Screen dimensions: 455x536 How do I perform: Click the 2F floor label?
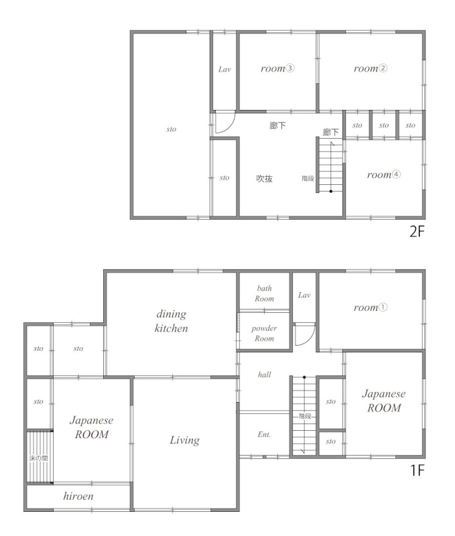(417, 232)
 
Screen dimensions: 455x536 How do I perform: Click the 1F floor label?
(417, 470)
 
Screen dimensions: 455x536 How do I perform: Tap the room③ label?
(277, 68)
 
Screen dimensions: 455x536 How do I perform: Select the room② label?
(370, 68)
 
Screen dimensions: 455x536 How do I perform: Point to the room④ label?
(383, 175)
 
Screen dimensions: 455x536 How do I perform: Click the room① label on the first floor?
(370, 308)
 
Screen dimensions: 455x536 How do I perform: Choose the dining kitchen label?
(172, 321)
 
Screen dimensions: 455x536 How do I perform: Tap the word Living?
(184, 440)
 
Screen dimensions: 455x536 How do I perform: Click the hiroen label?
(78, 496)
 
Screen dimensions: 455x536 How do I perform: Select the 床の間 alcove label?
(38, 458)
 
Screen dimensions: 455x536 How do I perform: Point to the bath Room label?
(264, 293)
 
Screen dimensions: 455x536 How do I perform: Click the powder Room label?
(264, 333)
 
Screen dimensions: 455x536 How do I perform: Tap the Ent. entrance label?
(264, 434)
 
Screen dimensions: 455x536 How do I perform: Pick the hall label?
(264, 375)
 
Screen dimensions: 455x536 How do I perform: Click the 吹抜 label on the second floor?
(264, 178)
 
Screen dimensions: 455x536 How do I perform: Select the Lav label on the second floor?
(224, 70)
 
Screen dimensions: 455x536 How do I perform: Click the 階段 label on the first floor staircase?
(305, 416)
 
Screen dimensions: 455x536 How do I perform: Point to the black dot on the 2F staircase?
(330, 192)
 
